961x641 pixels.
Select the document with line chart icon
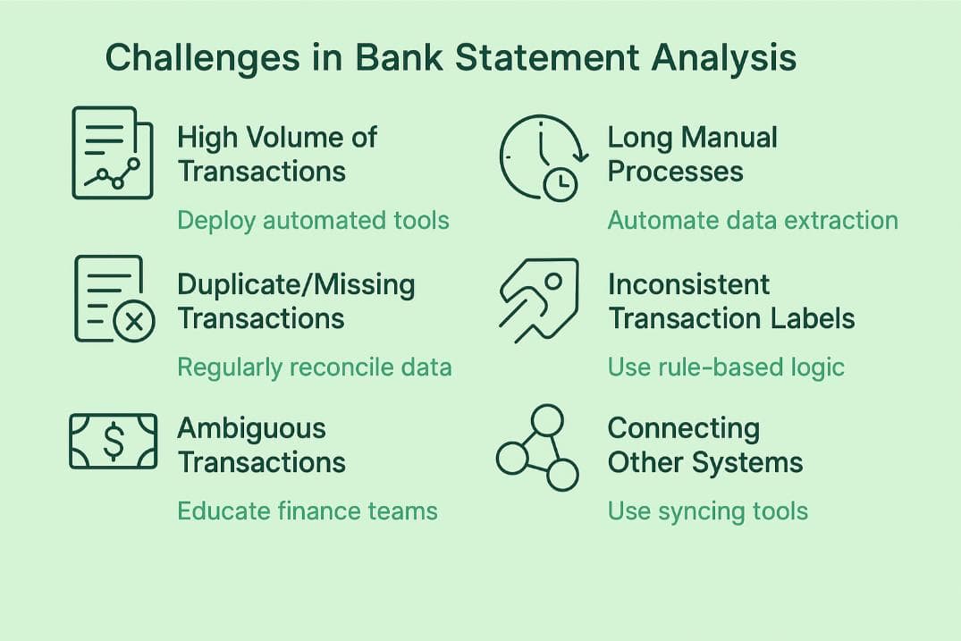[x=110, y=152]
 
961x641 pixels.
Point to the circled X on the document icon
[x=134, y=322]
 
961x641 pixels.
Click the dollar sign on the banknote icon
[x=113, y=442]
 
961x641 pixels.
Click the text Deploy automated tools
[x=313, y=220]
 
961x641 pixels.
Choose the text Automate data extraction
[x=753, y=220]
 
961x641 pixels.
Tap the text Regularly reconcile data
[x=314, y=367]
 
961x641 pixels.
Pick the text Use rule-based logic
[x=726, y=367]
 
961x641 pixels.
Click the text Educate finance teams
[x=307, y=511]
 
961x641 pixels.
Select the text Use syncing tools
[x=707, y=511]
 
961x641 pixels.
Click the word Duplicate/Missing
[x=296, y=285]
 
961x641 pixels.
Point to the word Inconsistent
[x=688, y=285]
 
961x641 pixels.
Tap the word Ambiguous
[x=251, y=429]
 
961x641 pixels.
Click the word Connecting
[x=683, y=429]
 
